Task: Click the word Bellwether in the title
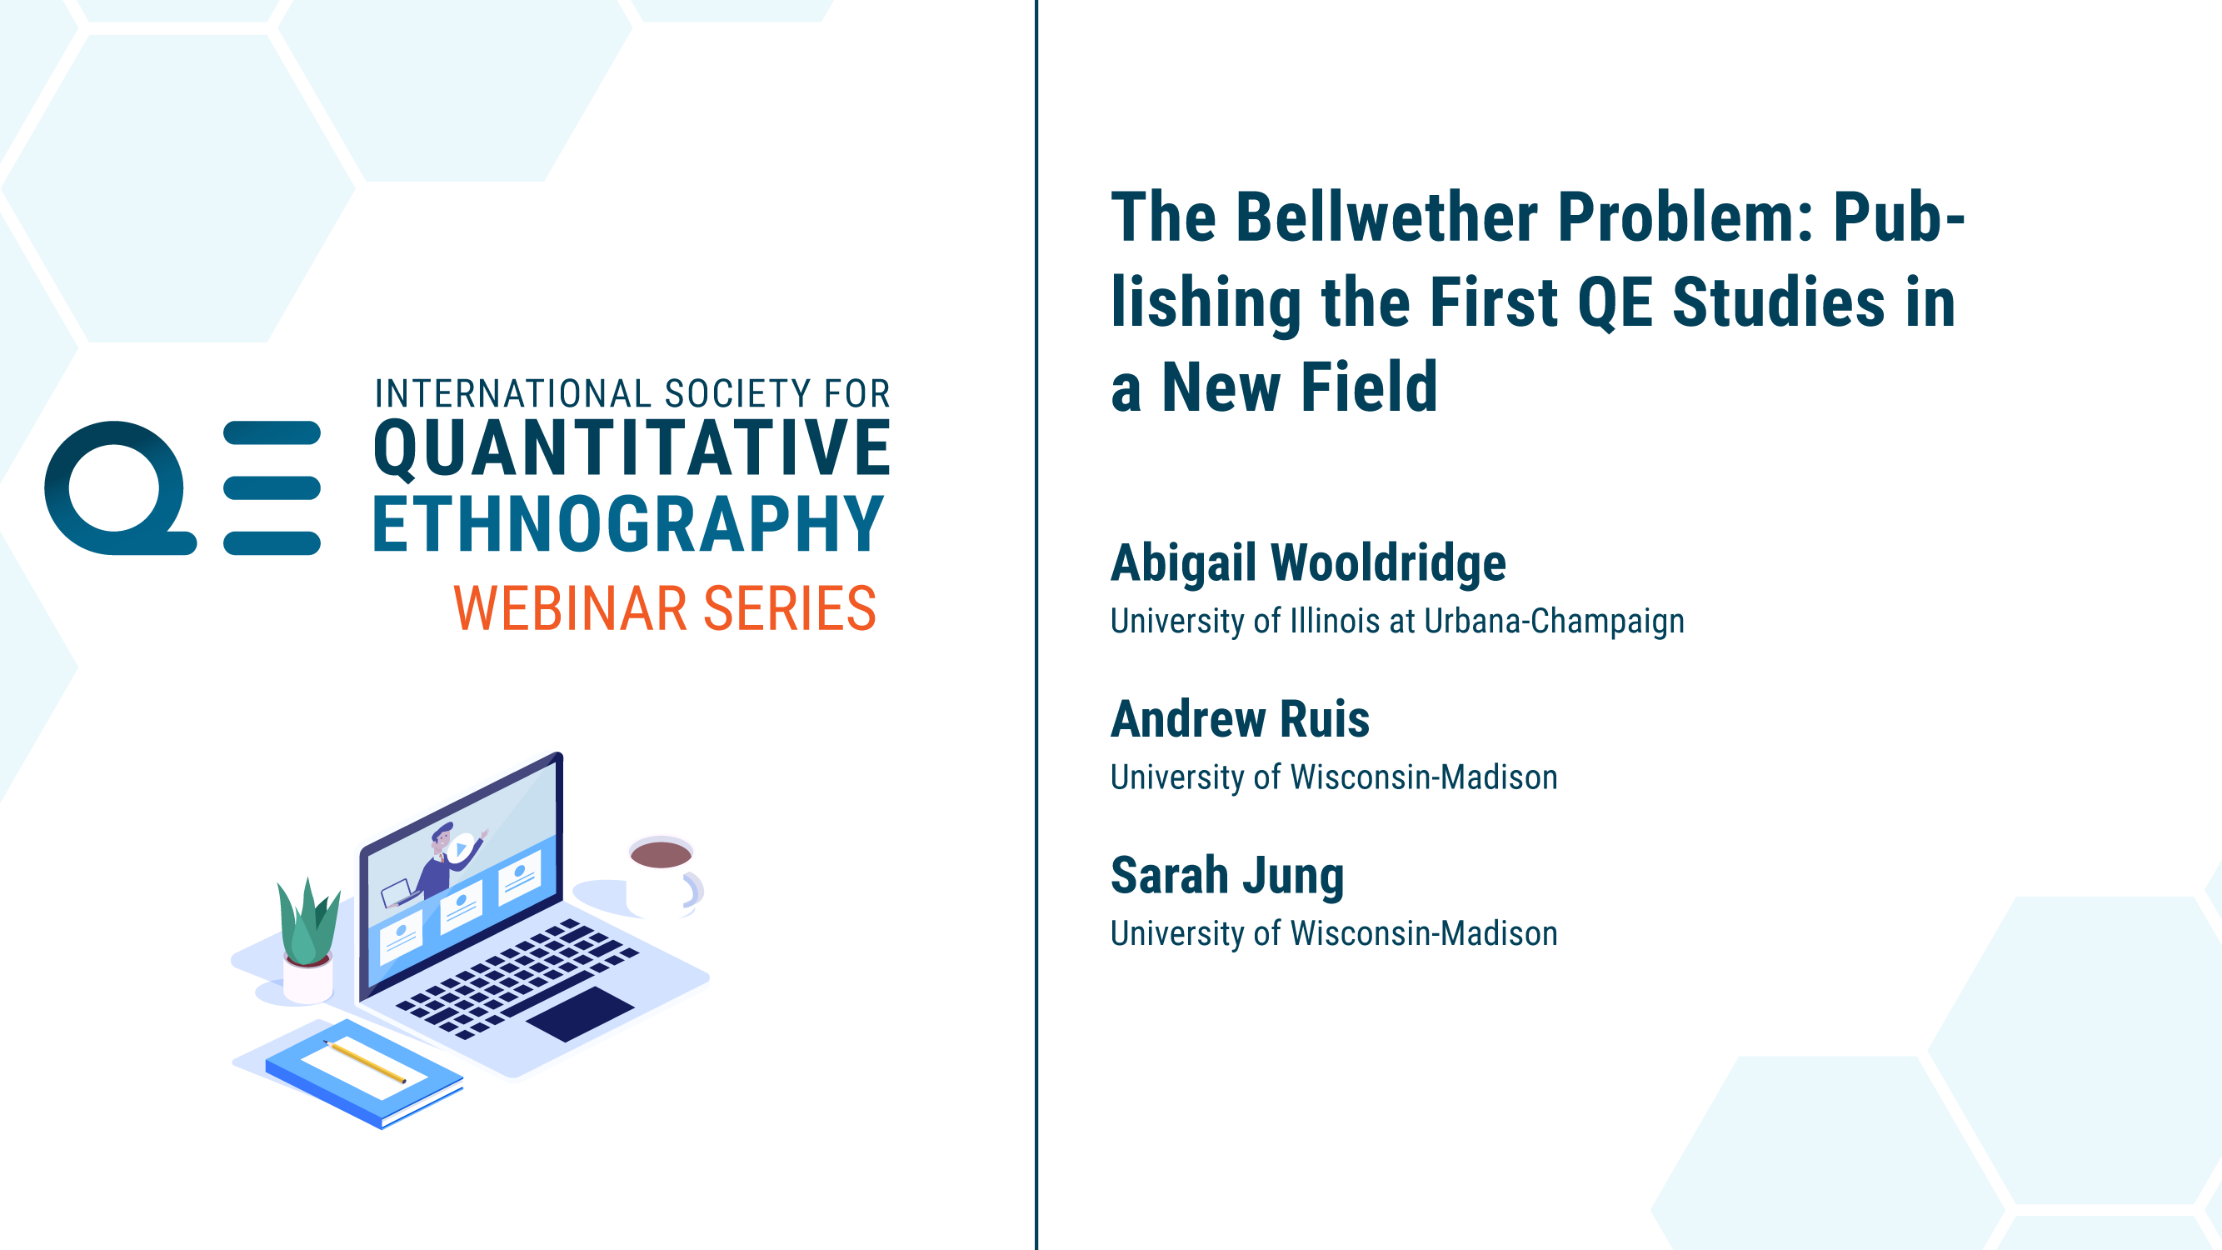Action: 1386,217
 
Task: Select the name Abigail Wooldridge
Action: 1309,562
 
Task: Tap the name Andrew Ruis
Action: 1241,718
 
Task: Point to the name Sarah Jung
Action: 1227,876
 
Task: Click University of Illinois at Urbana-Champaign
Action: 1397,621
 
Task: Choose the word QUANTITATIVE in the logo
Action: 632,448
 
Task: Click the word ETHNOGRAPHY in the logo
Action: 628,522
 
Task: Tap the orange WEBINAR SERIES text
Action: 665,608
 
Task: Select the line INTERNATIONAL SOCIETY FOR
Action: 632,393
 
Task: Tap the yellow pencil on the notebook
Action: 364,1061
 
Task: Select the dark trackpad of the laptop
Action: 580,1014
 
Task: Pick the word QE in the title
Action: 1615,302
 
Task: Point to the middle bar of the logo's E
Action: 272,487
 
